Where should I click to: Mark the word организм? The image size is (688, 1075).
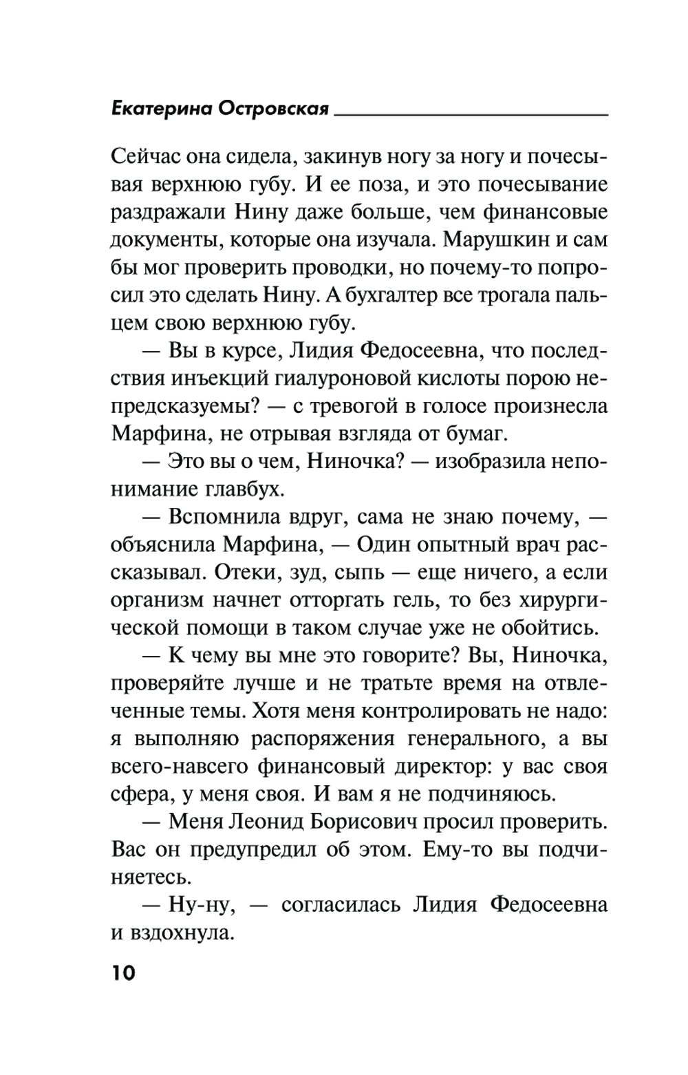(x=159, y=601)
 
